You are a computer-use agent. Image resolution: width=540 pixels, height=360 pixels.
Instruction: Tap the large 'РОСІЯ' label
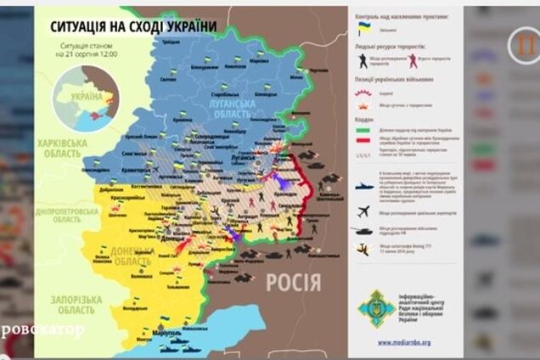[294, 282]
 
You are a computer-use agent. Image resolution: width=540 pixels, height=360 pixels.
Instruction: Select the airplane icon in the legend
[363, 211]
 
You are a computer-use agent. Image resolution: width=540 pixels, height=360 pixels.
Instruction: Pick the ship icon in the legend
[363, 185]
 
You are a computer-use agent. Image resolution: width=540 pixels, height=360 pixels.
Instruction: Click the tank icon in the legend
[363, 229]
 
